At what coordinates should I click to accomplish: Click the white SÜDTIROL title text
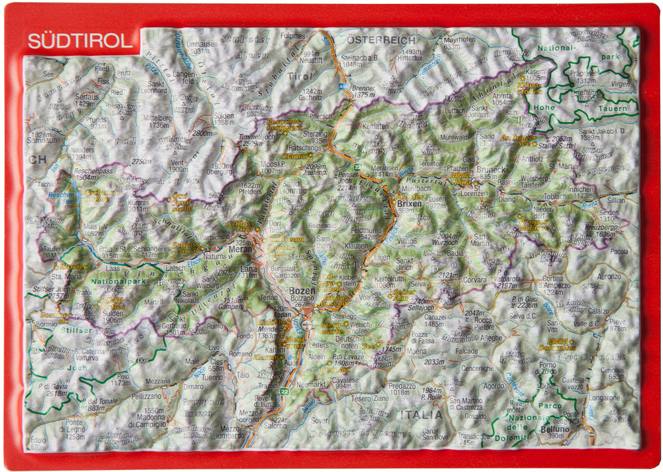(80, 41)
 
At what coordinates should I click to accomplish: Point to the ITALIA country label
(419, 414)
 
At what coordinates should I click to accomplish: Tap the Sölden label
(225, 114)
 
